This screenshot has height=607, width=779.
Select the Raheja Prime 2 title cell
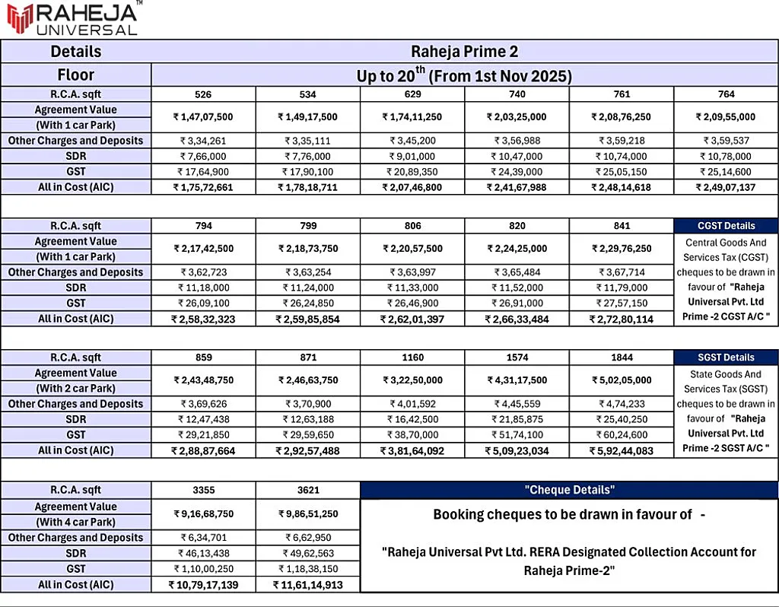tap(464, 52)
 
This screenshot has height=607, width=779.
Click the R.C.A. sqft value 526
tap(203, 94)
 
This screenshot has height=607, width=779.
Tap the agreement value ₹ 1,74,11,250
tap(412, 117)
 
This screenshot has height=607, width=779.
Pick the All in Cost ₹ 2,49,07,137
tap(725, 187)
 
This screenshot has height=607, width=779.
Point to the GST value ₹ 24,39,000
tap(517, 172)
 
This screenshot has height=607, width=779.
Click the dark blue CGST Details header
tap(726, 226)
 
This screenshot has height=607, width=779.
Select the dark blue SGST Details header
tap(726, 358)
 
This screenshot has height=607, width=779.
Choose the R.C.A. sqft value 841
tap(621, 226)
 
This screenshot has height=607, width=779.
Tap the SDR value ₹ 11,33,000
tap(412, 288)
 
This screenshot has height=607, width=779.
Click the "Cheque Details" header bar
tap(569, 490)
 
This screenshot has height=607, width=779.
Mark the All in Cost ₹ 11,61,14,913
tap(307, 585)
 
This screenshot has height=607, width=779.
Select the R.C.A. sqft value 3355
tap(203, 490)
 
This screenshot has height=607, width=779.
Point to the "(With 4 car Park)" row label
tap(76, 523)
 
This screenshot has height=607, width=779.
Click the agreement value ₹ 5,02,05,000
tap(621, 380)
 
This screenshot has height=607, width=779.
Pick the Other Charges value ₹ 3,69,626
tap(203, 404)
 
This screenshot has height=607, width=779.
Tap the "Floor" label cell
tap(76, 75)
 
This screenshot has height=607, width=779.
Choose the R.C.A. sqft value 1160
tap(412, 358)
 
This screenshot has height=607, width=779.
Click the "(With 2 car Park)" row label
tap(76, 388)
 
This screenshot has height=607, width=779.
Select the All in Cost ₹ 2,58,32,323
tap(203, 319)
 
